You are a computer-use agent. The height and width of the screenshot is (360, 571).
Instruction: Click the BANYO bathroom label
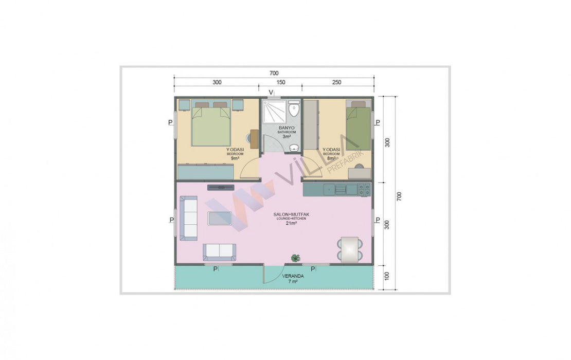click(x=287, y=128)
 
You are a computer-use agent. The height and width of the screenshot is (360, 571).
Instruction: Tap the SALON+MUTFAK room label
click(x=291, y=214)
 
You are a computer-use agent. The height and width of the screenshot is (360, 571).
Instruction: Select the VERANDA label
click(x=293, y=276)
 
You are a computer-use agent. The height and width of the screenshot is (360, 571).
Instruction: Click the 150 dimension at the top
click(x=281, y=82)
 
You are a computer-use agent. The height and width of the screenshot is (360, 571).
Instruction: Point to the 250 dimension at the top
click(x=337, y=82)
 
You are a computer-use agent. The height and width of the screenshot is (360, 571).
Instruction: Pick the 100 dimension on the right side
click(x=387, y=276)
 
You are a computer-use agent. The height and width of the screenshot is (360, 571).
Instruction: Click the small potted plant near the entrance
click(x=295, y=258)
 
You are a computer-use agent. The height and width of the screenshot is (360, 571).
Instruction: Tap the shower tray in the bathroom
click(x=275, y=111)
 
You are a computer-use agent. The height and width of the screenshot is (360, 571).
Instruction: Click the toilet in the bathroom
click(x=294, y=109)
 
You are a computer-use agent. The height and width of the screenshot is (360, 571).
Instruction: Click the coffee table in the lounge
click(x=219, y=218)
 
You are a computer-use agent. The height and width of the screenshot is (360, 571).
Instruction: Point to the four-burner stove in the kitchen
click(x=365, y=190)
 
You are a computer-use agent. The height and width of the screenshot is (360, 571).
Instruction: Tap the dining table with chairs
click(x=350, y=249)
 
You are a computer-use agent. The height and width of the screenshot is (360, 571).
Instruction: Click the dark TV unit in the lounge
click(x=221, y=187)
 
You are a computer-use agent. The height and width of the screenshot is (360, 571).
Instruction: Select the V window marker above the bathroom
click(x=271, y=92)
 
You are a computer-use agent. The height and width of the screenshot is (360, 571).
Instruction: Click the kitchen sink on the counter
click(x=341, y=189)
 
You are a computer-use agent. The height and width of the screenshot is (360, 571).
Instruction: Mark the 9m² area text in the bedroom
click(x=235, y=158)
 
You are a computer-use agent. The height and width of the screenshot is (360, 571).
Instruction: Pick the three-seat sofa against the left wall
click(x=189, y=218)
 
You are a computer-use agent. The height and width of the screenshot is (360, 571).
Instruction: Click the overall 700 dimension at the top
click(x=274, y=73)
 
